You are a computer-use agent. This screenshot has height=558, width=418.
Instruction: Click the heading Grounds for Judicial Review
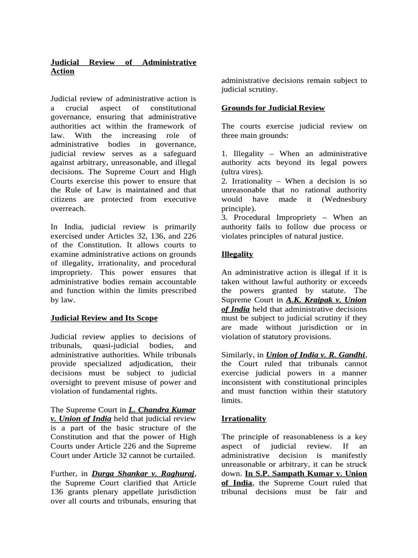point(273,108)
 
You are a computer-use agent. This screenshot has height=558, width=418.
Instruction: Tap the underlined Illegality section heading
point(237,254)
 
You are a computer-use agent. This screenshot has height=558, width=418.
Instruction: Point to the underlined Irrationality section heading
point(243,418)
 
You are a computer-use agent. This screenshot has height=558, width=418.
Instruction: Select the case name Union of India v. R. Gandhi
point(316,355)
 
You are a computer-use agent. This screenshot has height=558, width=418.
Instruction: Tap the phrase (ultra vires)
point(243,172)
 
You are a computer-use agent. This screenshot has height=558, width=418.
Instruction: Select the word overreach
point(69,209)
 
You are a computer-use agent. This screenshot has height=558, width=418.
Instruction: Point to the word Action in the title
point(62,71)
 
